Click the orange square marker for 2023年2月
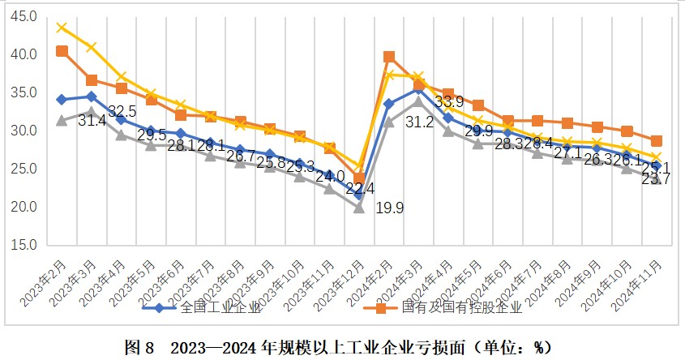[62, 51]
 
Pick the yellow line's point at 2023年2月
[62, 28]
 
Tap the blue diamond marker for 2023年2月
[62, 100]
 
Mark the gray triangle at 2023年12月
[359, 207]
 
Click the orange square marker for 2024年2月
[389, 57]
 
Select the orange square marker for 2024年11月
[657, 140]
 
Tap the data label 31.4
[92, 121]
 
